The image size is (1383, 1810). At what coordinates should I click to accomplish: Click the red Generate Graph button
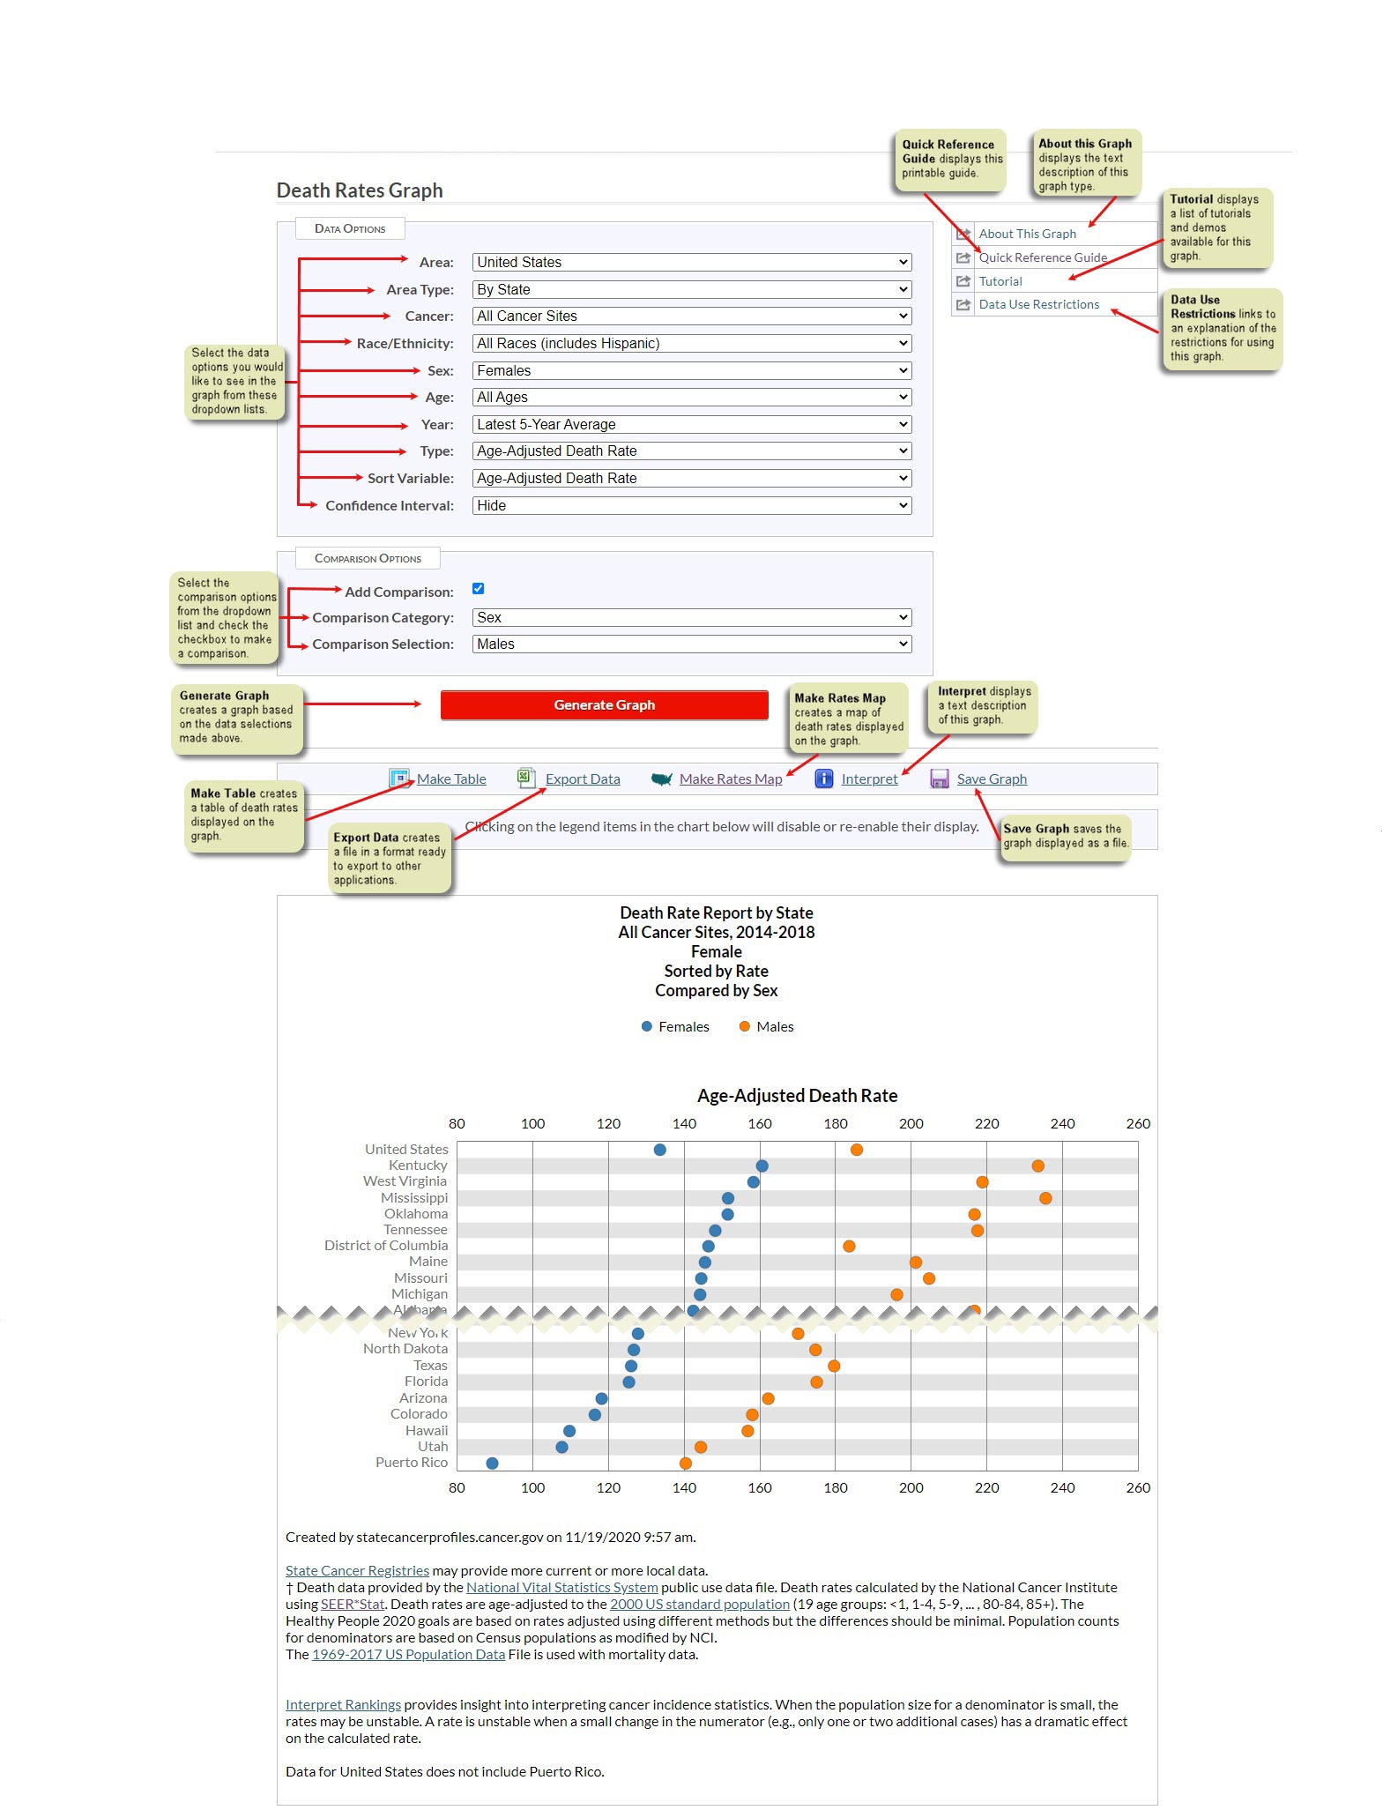[x=604, y=704]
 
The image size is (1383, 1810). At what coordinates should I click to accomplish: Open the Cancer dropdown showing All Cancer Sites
[x=691, y=316]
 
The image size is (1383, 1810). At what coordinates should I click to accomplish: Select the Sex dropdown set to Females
[x=691, y=370]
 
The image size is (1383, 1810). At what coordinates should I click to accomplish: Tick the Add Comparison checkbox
[x=478, y=589]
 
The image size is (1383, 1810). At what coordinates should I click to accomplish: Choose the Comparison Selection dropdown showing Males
[x=691, y=644]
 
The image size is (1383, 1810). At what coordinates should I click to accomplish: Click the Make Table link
[x=450, y=778]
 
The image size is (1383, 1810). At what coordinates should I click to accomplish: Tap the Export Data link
[x=582, y=778]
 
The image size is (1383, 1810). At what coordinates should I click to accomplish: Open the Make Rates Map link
[x=730, y=778]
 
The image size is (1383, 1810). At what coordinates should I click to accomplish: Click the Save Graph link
[x=991, y=778]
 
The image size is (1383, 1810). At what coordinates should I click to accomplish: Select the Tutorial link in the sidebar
[x=1000, y=281]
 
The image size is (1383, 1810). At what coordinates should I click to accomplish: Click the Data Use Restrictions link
[x=1038, y=304]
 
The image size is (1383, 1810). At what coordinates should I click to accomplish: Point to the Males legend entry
[x=774, y=1026]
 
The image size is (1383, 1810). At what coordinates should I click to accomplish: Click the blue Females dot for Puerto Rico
[x=492, y=1464]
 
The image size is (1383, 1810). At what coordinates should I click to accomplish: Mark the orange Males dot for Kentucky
[x=1037, y=1166]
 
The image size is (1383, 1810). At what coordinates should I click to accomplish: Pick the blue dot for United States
[x=659, y=1150]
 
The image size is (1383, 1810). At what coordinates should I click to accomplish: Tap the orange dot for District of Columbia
[x=849, y=1246]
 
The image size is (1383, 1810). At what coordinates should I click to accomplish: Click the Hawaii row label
[x=427, y=1430]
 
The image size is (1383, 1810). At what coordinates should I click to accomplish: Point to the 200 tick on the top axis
[x=911, y=1123]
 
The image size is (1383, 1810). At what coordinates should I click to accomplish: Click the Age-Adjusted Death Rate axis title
[x=797, y=1095]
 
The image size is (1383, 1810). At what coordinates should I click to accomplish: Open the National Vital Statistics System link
[x=561, y=1587]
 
